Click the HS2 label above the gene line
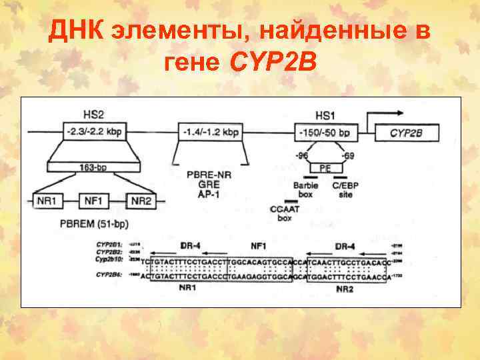coord(93,116)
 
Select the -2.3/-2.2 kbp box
coord(93,133)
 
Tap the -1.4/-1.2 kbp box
coord(210,133)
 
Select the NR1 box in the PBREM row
coord(47,200)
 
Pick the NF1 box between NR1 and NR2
coord(94,200)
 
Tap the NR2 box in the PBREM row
coord(141,200)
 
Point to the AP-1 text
coord(209,195)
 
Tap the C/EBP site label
coord(347,190)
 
